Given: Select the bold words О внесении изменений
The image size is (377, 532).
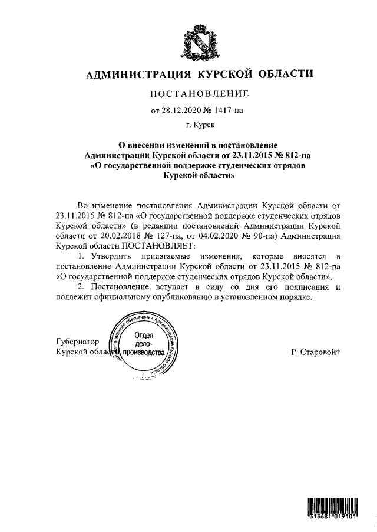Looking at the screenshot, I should coord(158,145).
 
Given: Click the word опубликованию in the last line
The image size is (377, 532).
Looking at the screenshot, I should coord(184,297).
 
